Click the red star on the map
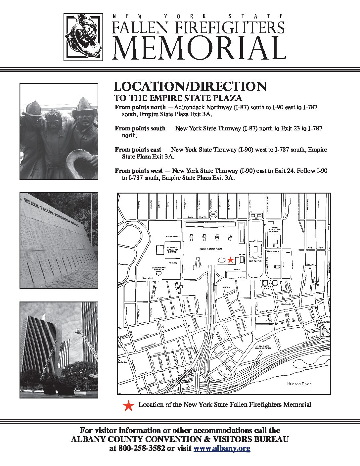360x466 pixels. (x=231, y=260)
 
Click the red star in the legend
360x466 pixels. (x=128, y=405)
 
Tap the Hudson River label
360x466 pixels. (x=299, y=384)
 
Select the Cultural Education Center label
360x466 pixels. (x=172, y=250)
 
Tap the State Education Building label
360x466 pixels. (x=274, y=230)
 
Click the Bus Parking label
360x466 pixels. (x=172, y=237)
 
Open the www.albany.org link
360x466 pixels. (x=222, y=448)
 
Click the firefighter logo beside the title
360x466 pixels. (x=83, y=37)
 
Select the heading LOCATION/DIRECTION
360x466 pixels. (x=190, y=86)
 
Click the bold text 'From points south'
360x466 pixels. (x=140, y=128)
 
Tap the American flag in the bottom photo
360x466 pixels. (x=64, y=353)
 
